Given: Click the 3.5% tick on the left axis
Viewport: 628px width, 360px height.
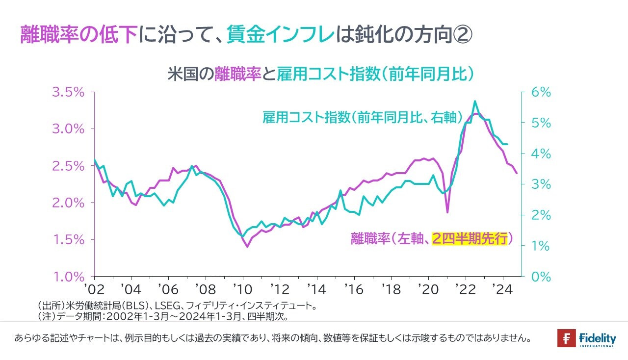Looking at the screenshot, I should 68,92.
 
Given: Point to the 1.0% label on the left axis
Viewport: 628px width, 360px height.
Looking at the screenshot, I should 68,277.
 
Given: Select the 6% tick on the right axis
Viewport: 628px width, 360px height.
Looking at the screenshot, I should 542,92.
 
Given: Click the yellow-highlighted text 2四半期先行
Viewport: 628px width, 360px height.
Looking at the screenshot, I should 469,239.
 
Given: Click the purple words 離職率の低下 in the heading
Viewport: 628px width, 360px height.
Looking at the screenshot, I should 78,35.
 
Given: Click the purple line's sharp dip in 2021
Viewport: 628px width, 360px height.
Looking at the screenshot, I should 447,212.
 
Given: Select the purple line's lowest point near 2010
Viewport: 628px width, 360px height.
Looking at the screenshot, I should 247,247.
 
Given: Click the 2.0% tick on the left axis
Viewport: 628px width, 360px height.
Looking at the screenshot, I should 68,203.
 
